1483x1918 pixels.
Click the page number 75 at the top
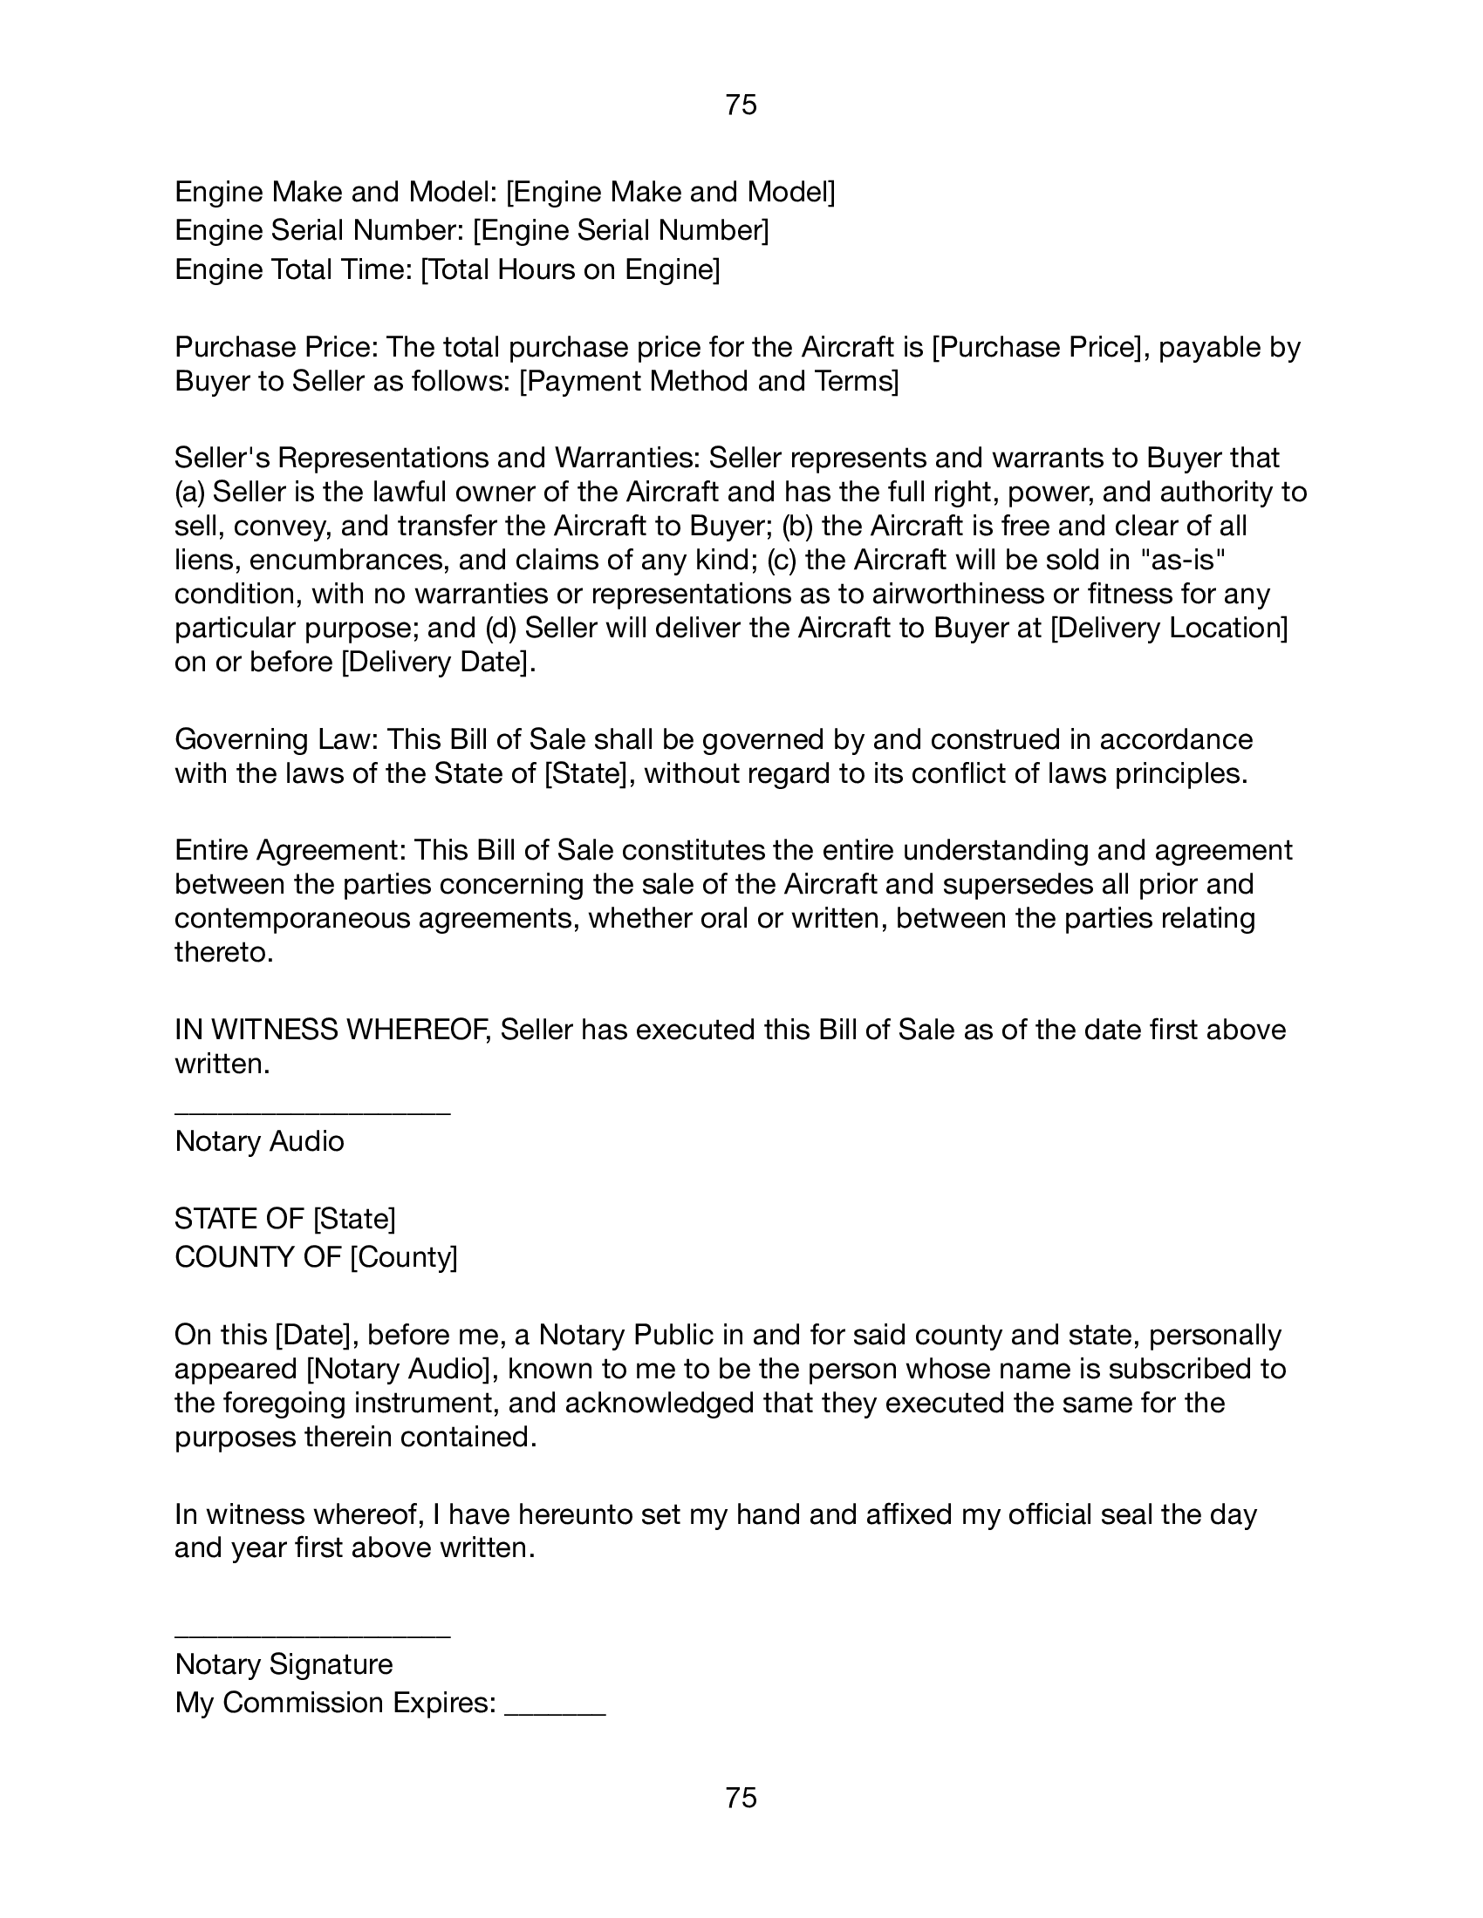pos(741,105)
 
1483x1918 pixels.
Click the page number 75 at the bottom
pos(741,1798)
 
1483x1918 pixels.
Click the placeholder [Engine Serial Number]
pos(620,230)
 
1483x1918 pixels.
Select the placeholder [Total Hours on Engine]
pos(571,269)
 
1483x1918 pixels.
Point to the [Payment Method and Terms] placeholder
pos(709,382)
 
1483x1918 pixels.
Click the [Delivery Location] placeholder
pos(1168,628)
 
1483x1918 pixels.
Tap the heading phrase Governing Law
pos(275,739)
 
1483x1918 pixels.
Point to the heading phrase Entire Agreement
pos(289,850)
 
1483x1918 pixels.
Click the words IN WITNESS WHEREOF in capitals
pos(331,1030)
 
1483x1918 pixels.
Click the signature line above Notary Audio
pos(312,1113)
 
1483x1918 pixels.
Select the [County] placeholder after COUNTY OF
pos(403,1256)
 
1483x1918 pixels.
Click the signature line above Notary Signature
pos(312,1636)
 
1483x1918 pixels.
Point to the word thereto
pos(224,952)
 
